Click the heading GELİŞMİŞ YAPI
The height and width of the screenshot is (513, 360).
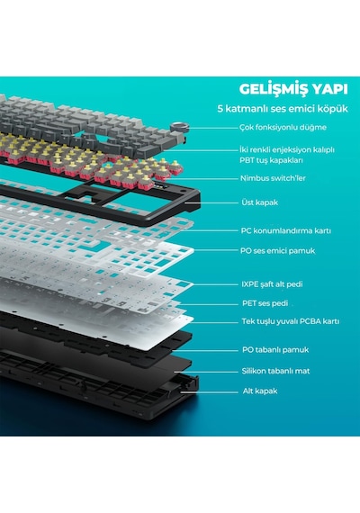pos(293,89)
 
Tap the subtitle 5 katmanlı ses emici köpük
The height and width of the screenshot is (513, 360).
pos(283,109)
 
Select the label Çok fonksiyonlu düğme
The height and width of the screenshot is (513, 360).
pos(283,127)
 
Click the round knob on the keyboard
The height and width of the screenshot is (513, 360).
pos(180,126)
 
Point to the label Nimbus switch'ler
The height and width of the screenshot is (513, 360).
pos(273,178)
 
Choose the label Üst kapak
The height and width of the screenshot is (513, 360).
pos(259,202)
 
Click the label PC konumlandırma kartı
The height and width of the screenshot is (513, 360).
pos(286,230)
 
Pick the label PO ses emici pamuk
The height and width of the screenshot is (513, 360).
pos(277,251)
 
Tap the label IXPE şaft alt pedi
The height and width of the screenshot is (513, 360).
pos(272,284)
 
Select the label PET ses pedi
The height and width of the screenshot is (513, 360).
pos(265,303)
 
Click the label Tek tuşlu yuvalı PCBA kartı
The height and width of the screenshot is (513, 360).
pos(291,321)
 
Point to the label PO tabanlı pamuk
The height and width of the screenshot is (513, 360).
pos(275,350)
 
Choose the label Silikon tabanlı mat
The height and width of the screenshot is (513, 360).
pos(275,371)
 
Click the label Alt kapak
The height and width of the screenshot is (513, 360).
pos(260,391)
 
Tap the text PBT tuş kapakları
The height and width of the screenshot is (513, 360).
pos(271,160)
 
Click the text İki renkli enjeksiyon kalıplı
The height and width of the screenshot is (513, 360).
pos(287,149)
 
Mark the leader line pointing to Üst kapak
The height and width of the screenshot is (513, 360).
pos(211,202)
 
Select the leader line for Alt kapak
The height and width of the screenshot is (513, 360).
pos(210,391)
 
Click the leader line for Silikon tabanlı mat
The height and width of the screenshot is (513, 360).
pos(206,372)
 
